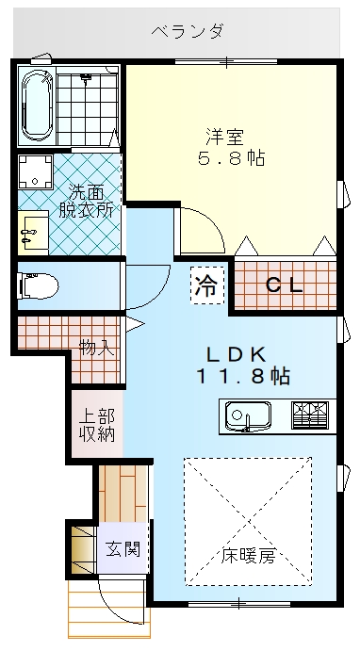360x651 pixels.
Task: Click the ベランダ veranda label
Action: pos(188,32)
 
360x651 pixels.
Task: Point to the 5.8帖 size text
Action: pos(229,157)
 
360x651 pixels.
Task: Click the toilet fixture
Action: pos(41,283)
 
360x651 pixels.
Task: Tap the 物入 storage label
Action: pos(97,346)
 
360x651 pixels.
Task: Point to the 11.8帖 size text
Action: pos(242,376)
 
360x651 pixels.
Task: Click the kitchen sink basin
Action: pos(247,415)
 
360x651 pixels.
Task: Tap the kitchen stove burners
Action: pos(313,415)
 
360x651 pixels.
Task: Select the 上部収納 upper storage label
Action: pos(96,426)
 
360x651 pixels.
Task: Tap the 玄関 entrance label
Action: pos(123,548)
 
